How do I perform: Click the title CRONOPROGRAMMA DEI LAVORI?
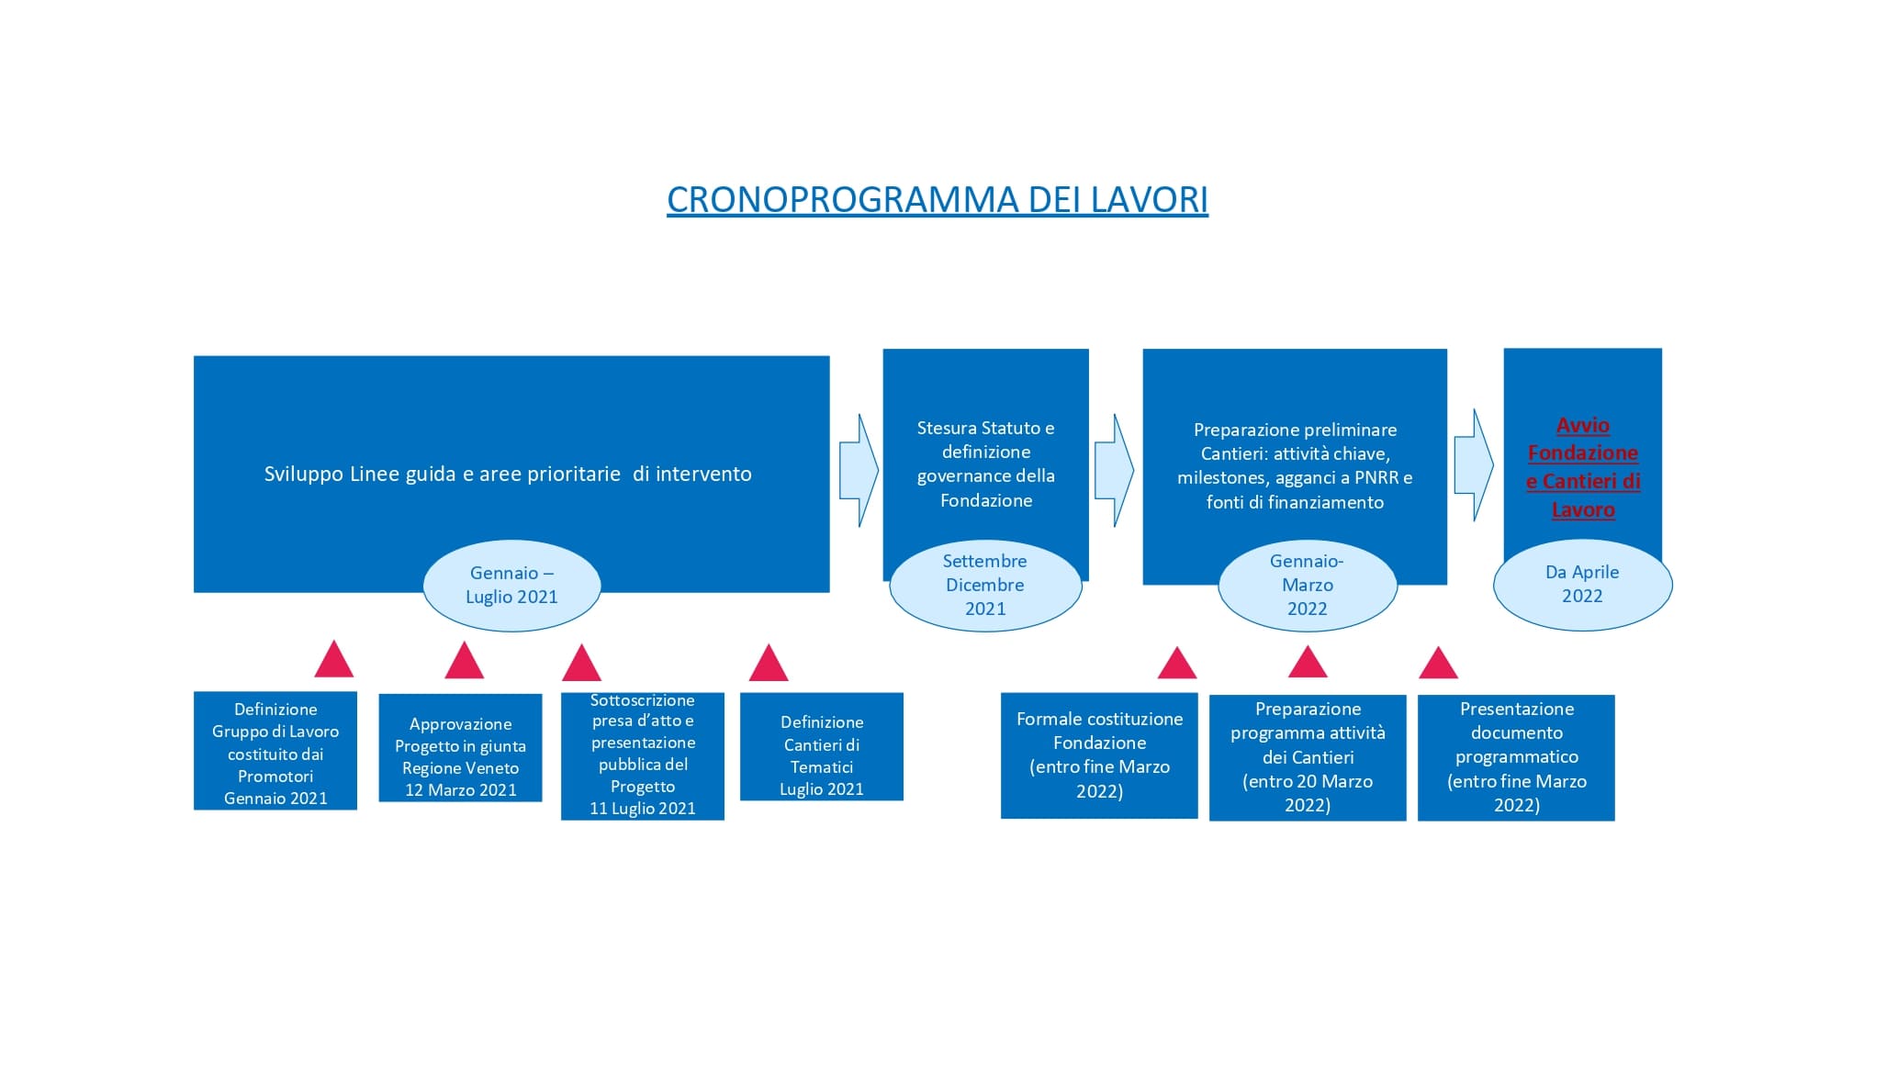pyautogui.click(x=937, y=199)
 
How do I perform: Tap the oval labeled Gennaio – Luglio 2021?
pyautogui.click(x=511, y=586)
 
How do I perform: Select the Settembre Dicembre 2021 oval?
pyautogui.click(x=985, y=586)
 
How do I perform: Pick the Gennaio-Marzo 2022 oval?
pyautogui.click(x=1307, y=586)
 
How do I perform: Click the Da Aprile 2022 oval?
pyautogui.click(x=1582, y=585)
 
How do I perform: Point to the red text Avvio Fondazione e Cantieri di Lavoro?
pyautogui.click(x=1582, y=467)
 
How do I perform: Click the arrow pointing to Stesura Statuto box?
pyautogui.click(x=858, y=471)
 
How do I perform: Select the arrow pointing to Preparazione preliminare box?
pyautogui.click(x=1113, y=471)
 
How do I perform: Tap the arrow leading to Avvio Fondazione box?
pyautogui.click(x=1473, y=465)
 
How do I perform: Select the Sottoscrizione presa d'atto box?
pyautogui.click(x=643, y=754)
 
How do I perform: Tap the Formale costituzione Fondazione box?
pyautogui.click(x=1099, y=755)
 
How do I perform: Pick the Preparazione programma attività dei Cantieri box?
pyautogui.click(x=1308, y=757)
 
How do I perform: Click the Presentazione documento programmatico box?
pyautogui.click(x=1516, y=757)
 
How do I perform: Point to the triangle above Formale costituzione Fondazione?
pyautogui.click(x=1177, y=665)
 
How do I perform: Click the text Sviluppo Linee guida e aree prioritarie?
pyautogui.click(x=508, y=475)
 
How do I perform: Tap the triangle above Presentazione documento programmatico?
pyautogui.click(x=1438, y=665)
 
